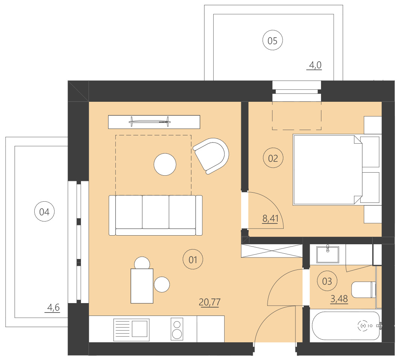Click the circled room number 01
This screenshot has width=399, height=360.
click(193, 259)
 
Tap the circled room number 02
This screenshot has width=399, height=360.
click(273, 158)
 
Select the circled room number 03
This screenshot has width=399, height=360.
click(327, 281)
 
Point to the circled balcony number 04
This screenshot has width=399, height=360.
click(44, 212)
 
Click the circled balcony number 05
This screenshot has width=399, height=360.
click(272, 41)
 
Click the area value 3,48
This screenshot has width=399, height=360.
click(339, 299)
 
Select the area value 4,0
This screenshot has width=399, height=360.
click(315, 65)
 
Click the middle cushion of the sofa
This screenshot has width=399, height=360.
click(155, 212)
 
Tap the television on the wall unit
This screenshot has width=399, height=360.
click(149, 121)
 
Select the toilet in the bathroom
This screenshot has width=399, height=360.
click(363, 290)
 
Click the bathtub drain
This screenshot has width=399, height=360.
click(363, 325)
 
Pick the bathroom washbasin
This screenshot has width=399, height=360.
click(327, 254)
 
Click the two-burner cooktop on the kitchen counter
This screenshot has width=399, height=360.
click(176, 329)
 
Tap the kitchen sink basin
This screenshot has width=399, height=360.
click(139, 328)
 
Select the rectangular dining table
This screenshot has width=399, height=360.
click(142, 286)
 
